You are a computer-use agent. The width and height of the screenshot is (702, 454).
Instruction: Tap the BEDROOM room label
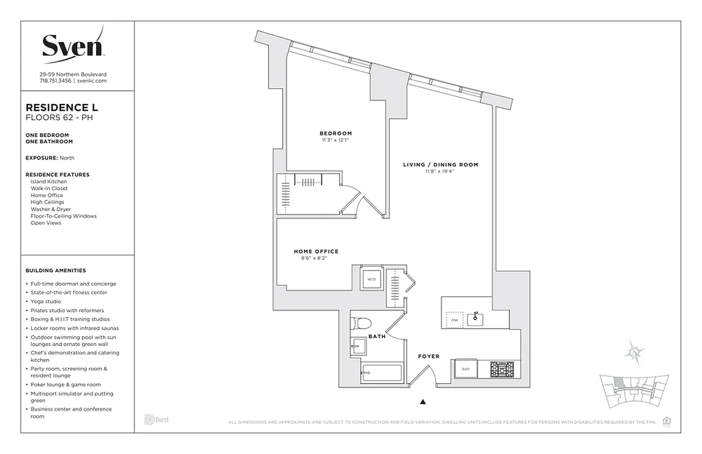pos(335,133)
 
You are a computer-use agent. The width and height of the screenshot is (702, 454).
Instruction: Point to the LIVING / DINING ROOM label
pos(440,165)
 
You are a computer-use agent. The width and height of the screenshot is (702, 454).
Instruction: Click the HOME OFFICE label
pos(316,251)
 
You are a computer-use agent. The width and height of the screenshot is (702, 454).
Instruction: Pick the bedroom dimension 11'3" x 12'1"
pos(335,140)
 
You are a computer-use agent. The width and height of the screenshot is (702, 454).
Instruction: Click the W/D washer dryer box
pos(372,279)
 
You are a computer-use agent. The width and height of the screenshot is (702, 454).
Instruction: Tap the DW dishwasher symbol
pos(454,320)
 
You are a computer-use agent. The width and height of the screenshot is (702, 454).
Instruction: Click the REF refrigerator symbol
pos(466,369)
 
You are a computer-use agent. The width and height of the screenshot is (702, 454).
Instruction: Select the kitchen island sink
pos(475,320)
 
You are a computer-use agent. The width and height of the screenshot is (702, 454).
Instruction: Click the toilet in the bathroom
pos(361,323)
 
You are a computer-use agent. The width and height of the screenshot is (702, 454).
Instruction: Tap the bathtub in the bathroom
pos(382,373)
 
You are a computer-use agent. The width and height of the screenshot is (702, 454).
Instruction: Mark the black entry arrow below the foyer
pos(423,402)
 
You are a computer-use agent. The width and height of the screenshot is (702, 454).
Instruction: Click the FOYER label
pos(429,356)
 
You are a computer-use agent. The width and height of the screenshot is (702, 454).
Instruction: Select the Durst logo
pos(156,420)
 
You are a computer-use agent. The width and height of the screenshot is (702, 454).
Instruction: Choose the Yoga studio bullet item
pos(46,301)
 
